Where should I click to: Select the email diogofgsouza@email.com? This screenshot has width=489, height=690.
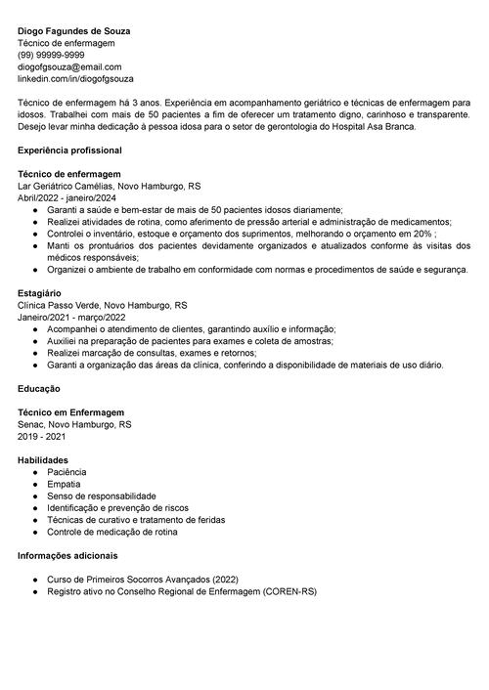[67, 66]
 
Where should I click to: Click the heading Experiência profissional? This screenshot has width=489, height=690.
[69, 151]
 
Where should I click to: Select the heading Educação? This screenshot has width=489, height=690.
[39, 388]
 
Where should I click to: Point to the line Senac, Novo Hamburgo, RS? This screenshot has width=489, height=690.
[74, 424]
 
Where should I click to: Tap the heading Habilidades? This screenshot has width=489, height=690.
[43, 459]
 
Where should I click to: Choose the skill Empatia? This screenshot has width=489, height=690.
[65, 484]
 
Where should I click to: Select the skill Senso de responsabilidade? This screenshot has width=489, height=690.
[101, 496]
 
